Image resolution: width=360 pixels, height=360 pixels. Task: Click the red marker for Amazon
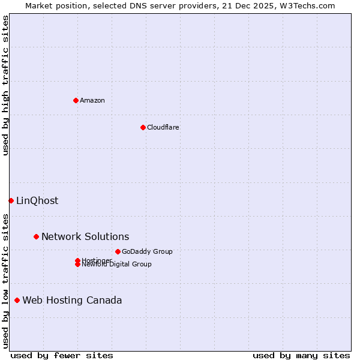[x=76, y=100]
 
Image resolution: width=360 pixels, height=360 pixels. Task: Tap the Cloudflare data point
[x=143, y=127]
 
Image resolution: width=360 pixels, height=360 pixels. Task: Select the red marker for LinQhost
[x=11, y=200]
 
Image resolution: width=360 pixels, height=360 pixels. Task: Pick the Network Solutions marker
[x=36, y=236]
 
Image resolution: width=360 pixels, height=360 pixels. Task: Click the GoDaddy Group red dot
[x=118, y=251]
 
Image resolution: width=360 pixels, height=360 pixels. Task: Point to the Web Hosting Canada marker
[x=17, y=300]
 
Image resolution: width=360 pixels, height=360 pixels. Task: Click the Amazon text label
[x=92, y=100]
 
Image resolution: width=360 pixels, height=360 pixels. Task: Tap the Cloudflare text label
[x=163, y=127]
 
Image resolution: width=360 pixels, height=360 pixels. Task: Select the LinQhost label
[x=37, y=201]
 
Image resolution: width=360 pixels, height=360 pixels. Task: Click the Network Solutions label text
[x=85, y=237]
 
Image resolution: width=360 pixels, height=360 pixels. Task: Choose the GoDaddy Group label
[x=147, y=251]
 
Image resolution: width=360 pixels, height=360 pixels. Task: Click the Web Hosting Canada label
[x=72, y=301]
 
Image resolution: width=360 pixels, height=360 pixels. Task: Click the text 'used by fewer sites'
[x=62, y=355]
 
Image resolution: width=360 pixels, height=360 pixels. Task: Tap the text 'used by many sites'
[x=301, y=355]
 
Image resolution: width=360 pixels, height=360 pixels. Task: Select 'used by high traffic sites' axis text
[x=5, y=85]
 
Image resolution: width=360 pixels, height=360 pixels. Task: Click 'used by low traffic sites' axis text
[x=5, y=281]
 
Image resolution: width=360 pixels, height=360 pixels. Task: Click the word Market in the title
[x=38, y=5]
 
